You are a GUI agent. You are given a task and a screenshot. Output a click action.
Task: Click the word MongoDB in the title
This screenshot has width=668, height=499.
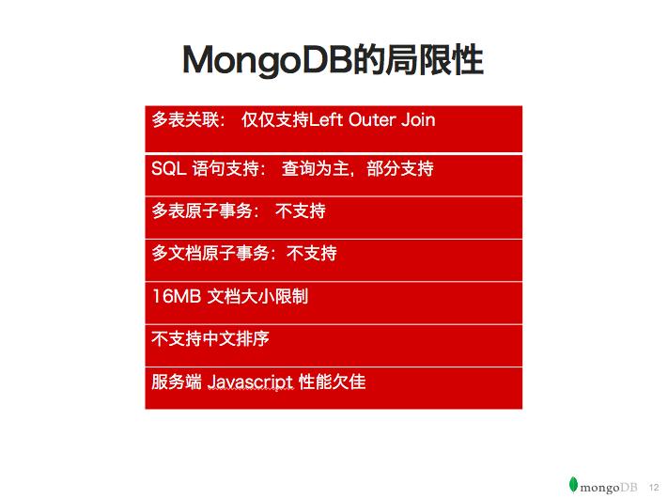pyautogui.click(x=267, y=60)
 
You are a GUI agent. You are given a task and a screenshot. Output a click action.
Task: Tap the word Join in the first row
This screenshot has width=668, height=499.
pyautogui.click(x=418, y=120)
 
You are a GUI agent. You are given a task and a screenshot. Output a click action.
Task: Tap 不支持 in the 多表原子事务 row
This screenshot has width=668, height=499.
pyautogui.click(x=301, y=211)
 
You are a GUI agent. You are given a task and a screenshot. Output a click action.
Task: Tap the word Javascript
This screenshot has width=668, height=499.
pyautogui.click(x=250, y=382)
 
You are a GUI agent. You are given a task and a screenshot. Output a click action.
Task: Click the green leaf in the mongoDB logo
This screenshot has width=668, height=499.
pyautogui.click(x=573, y=485)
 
